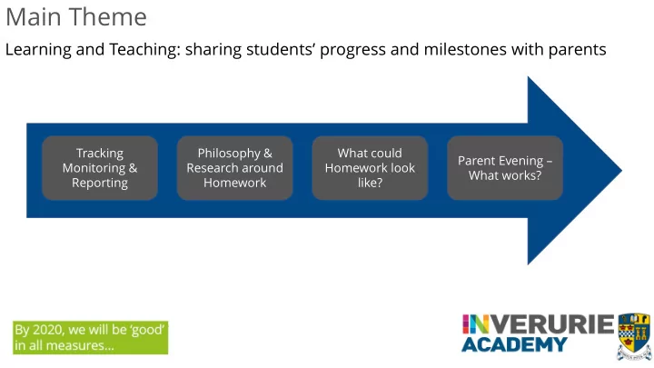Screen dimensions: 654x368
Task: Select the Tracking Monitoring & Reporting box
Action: (x=100, y=168)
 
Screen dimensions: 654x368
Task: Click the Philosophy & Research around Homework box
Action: (x=235, y=168)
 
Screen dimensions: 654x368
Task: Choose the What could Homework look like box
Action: (x=370, y=168)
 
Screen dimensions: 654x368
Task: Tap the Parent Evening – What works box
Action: (x=505, y=168)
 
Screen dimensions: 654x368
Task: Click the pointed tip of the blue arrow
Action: (x=622, y=170)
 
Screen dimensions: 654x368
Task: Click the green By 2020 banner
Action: (x=91, y=337)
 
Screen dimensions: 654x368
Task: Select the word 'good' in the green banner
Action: (x=147, y=330)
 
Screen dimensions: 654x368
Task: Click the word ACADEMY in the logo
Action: (x=514, y=344)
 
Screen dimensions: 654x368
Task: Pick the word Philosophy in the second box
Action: (x=229, y=154)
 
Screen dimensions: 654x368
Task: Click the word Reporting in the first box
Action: (x=100, y=184)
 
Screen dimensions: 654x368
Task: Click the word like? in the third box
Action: (x=370, y=183)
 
